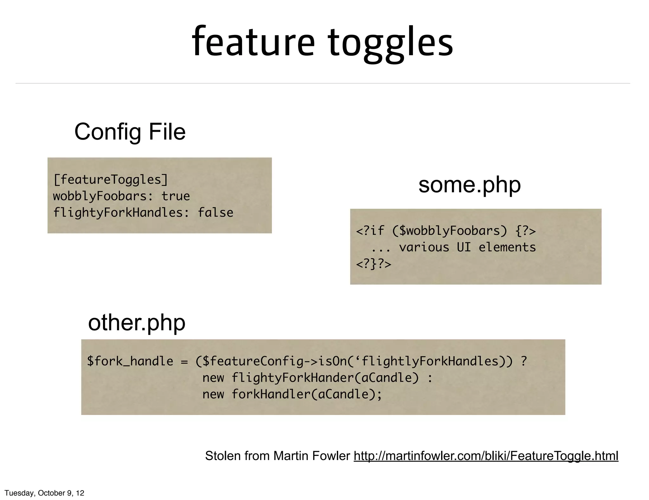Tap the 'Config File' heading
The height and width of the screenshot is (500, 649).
[x=130, y=132]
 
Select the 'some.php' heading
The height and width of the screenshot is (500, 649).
[x=469, y=185]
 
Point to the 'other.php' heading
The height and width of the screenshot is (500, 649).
[x=137, y=323]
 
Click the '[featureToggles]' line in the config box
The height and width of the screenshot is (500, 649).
[x=111, y=180]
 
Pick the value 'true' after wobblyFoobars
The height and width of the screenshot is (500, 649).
[x=176, y=196]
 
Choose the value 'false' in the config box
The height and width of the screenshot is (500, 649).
[x=215, y=213]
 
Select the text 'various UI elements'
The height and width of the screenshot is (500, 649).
[x=467, y=247]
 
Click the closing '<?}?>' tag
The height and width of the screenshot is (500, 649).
[x=374, y=264]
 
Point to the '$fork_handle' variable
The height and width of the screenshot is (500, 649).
[x=130, y=361]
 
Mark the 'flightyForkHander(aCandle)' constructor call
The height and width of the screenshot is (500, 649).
[x=325, y=378]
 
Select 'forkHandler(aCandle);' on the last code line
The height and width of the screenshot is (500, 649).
[x=307, y=394]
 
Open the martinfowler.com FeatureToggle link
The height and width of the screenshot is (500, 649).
[x=486, y=456]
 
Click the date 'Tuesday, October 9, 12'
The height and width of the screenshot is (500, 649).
[x=44, y=493]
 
